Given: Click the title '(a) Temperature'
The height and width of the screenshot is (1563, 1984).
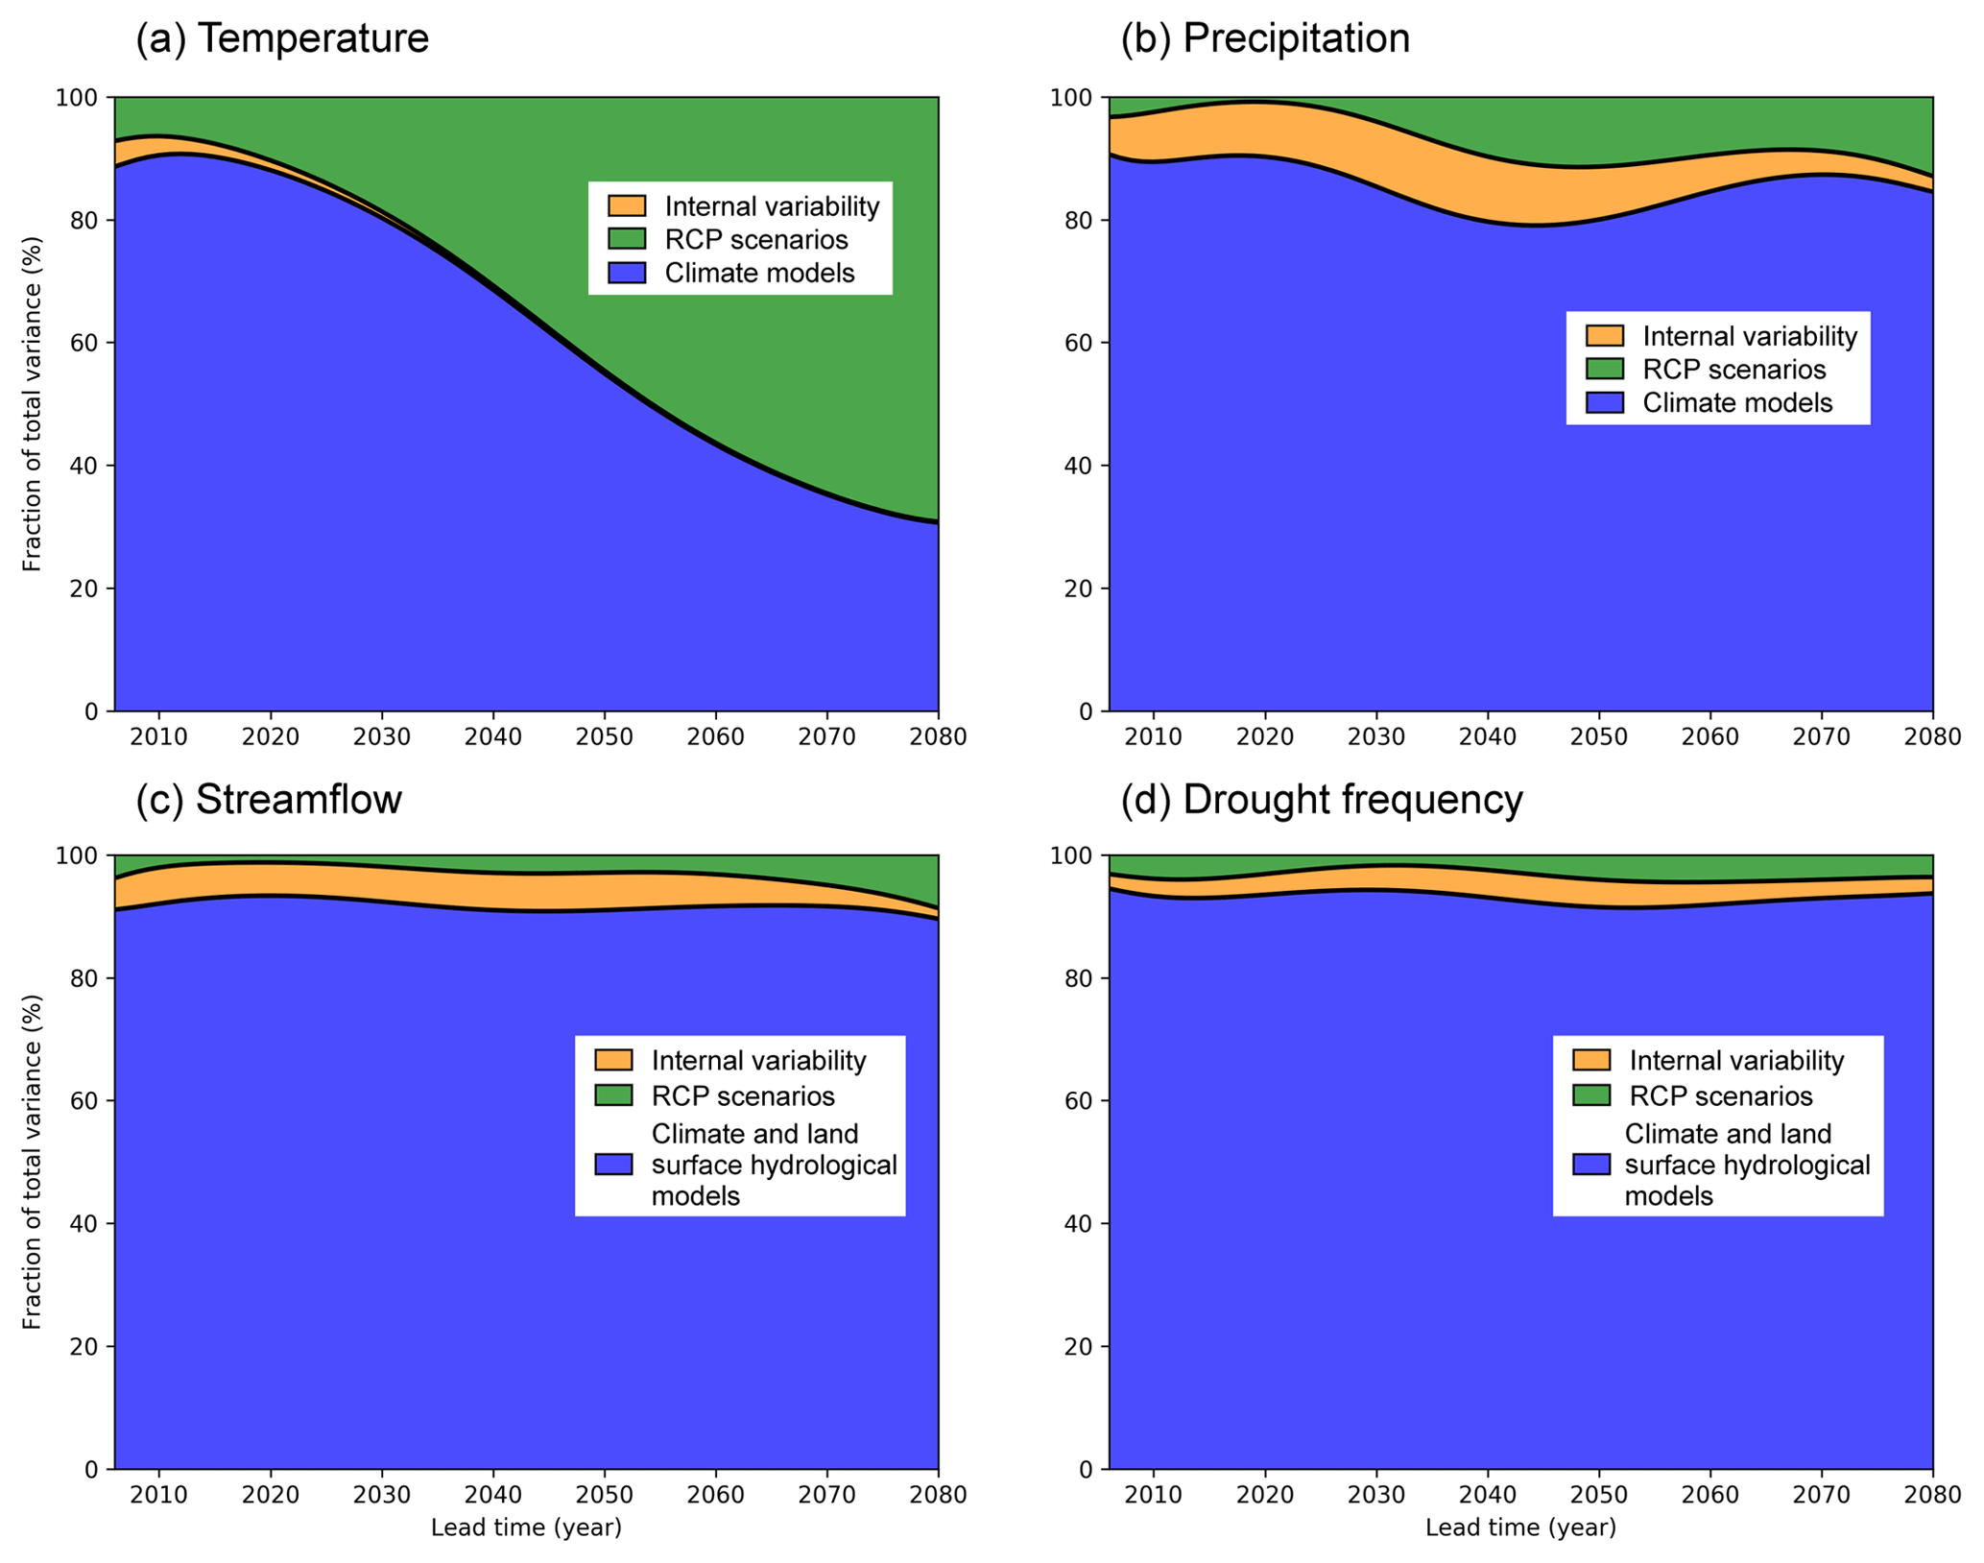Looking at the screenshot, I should pos(281,39).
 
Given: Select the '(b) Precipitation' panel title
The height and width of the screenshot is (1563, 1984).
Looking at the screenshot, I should pos(1265,39).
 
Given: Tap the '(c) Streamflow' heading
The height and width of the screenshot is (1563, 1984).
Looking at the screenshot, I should pos(268,799).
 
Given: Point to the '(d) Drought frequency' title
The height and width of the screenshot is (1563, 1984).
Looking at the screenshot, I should pos(1321,799).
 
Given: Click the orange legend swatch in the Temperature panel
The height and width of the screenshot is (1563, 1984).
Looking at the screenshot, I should pos(627,206).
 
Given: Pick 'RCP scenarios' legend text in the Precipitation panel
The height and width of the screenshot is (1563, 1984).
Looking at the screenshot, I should pos(1733,370).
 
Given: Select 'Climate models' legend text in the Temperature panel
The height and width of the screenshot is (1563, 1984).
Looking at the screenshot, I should pos(759,274).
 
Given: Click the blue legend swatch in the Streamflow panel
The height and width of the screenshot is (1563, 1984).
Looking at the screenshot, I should pos(613,1165).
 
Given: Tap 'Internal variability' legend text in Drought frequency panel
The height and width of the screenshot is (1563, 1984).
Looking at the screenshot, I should pos(1736,1060).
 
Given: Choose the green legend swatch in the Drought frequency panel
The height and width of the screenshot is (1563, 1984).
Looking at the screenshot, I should pos(1591,1095).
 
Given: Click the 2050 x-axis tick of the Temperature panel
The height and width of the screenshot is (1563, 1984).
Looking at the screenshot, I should pos(605,736).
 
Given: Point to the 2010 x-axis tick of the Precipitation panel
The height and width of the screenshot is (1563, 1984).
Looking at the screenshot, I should pos(1154,736).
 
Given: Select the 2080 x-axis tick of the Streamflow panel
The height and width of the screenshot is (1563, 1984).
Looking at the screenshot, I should pos(938,1495).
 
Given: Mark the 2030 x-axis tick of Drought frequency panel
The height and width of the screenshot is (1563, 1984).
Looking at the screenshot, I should pos(1376,1495).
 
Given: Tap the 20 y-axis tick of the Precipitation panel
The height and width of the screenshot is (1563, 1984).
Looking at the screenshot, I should pos(1082,589).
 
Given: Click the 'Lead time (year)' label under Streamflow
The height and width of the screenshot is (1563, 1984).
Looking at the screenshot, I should pos(526,1527).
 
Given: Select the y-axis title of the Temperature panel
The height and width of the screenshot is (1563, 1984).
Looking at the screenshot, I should pos(33,404).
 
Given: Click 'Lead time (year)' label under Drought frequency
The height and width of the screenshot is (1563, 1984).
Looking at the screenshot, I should pos(1520,1527).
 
